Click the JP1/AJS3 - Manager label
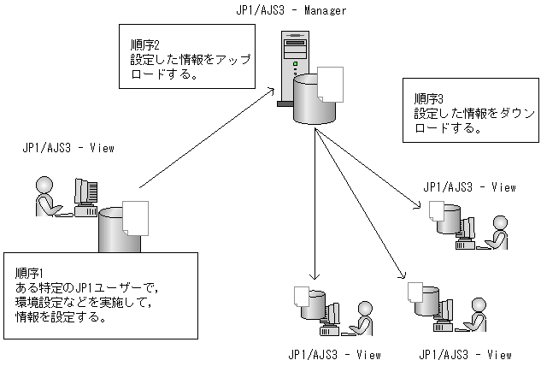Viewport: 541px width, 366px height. pyautogui.click(x=291, y=9)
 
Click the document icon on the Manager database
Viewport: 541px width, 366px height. pyautogui.click(x=331, y=84)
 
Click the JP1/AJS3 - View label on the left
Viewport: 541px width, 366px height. pyautogui.click(x=68, y=148)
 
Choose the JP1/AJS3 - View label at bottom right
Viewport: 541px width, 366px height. pyautogui.click(x=466, y=354)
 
